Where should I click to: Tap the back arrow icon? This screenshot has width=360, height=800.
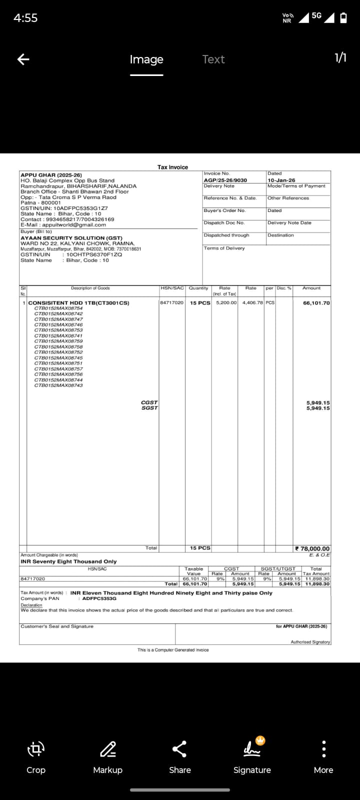click(23, 59)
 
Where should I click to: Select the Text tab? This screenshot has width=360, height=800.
click(213, 59)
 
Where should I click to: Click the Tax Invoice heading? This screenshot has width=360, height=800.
click(172, 167)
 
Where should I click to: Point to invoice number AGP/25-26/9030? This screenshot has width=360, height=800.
click(225, 180)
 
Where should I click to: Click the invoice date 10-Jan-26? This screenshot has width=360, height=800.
click(281, 180)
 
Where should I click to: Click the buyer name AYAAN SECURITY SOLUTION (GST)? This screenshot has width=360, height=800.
click(71, 238)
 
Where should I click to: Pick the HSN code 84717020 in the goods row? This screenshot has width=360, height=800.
click(172, 303)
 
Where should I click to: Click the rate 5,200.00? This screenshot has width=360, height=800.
click(226, 303)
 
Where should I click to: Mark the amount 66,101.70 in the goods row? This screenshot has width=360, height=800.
click(316, 303)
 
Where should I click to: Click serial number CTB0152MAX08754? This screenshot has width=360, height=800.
click(58, 308)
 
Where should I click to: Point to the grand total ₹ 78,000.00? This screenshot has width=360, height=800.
click(312, 548)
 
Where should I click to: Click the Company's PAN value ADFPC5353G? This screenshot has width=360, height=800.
click(99, 598)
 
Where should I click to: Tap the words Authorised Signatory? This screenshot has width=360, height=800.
click(310, 642)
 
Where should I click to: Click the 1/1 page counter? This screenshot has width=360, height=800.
click(340, 58)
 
